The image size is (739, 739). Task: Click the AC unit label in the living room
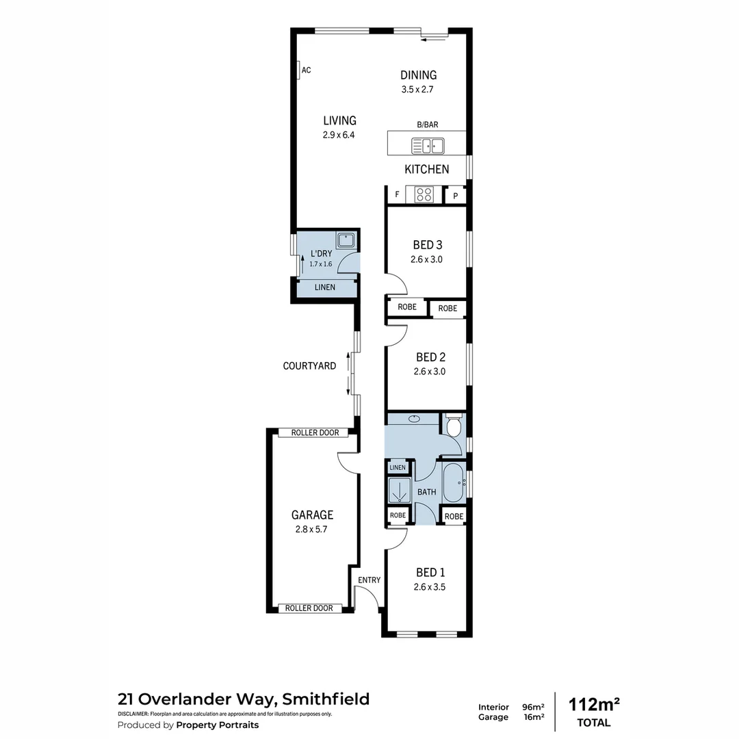[306, 70]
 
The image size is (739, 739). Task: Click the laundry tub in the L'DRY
[345, 240]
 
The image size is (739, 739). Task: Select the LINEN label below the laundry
[325, 287]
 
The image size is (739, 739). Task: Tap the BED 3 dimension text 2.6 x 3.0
[427, 259]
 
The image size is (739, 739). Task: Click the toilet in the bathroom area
[454, 426]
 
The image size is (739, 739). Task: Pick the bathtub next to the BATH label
[454, 483]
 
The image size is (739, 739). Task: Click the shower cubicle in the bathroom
[398, 491]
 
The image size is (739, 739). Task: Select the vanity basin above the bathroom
[415, 418]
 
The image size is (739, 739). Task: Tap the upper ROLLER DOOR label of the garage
[315, 432]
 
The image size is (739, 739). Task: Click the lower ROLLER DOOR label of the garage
[309, 608]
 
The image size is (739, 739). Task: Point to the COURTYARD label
[309, 366]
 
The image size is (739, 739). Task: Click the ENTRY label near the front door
[369, 580]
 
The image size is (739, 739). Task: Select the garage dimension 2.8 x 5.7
[312, 529]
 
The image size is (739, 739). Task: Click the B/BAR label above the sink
[428, 125]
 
